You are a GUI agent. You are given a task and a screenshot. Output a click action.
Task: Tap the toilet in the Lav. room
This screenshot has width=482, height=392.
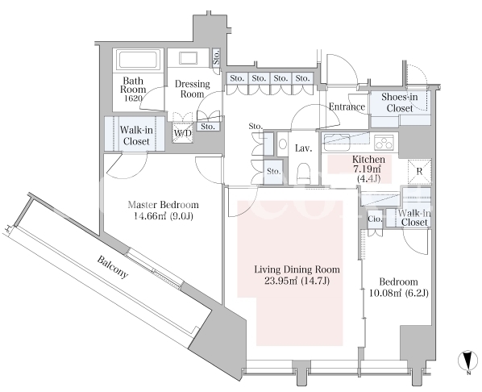tap(304, 173)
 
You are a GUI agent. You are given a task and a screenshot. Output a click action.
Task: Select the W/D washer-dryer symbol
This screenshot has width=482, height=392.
tap(183, 133)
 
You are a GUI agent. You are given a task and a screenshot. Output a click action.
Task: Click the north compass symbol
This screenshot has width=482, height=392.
tap(467, 361)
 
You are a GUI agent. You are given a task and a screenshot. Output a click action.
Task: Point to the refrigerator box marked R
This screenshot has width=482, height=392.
tap(420, 171)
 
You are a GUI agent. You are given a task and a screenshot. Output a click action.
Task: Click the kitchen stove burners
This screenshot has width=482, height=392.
tap(384, 142)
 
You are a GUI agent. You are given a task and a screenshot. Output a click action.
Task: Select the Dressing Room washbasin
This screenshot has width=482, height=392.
tap(188, 58)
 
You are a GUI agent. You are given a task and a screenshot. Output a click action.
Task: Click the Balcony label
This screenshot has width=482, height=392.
tap(113, 267)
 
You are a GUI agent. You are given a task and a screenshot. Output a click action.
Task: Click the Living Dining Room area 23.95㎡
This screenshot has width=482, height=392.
tap(281, 281)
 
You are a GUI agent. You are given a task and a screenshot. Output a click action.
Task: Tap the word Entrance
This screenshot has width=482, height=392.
tap(347, 106)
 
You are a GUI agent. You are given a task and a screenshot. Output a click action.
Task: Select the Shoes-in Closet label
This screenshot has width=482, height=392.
tap(400, 102)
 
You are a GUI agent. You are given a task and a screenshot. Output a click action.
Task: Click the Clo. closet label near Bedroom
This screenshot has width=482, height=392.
tap(375, 219)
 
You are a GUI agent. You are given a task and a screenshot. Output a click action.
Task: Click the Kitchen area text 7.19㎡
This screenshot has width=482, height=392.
tap(368, 169)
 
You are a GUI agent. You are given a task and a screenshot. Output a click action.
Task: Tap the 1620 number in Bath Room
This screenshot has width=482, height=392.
tap(133, 98)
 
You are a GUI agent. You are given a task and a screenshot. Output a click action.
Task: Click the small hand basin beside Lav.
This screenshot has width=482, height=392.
tap(282, 144)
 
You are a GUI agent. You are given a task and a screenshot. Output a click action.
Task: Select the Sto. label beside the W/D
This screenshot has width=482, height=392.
tap(208, 127)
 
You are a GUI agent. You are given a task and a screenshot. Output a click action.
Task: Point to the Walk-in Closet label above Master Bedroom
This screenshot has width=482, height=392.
tap(136, 136)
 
